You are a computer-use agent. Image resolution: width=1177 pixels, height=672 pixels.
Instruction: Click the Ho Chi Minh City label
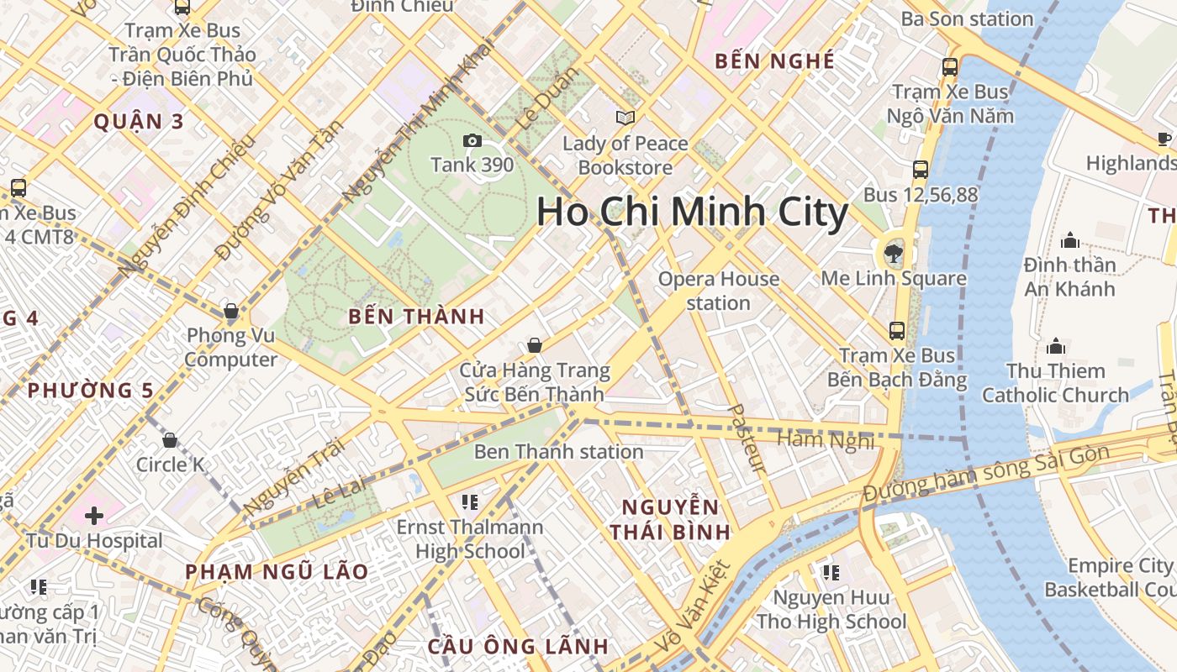click(692, 212)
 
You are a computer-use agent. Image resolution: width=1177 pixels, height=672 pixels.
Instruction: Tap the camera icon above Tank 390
click(472, 140)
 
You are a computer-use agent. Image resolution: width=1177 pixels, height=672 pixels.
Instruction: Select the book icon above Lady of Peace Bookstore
click(625, 118)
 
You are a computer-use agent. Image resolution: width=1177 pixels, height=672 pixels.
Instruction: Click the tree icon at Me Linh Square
click(893, 252)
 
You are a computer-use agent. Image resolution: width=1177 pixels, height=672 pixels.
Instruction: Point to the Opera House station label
click(718, 291)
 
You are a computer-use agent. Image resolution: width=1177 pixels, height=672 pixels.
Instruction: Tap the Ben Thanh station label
click(558, 452)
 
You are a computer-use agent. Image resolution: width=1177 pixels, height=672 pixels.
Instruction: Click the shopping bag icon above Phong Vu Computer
click(231, 312)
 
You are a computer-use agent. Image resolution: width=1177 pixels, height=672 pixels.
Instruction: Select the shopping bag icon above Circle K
click(170, 440)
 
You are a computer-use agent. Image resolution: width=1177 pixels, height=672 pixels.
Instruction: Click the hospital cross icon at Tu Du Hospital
click(93, 514)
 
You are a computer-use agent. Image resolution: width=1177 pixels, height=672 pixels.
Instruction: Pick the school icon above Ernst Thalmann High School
click(470, 502)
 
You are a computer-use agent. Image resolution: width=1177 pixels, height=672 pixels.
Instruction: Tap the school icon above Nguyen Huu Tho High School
click(831, 573)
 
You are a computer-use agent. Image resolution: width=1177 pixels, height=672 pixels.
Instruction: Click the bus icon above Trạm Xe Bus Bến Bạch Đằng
click(897, 331)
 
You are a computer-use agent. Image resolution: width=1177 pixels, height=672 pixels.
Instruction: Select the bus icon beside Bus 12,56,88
click(921, 170)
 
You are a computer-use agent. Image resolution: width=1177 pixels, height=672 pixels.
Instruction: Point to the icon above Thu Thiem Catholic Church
click(1056, 346)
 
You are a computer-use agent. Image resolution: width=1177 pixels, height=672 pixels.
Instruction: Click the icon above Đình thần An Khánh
click(1070, 241)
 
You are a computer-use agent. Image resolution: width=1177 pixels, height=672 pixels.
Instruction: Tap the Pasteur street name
click(746, 438)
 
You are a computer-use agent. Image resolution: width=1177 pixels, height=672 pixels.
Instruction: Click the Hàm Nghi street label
click(826, 439)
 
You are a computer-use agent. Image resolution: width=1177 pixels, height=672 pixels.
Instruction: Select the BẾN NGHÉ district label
click(774, 60)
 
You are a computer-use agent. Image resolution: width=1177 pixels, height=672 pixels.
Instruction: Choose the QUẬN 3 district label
click(139, 121)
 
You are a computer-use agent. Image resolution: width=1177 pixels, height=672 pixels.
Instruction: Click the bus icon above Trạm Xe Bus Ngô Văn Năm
click(950, 67)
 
